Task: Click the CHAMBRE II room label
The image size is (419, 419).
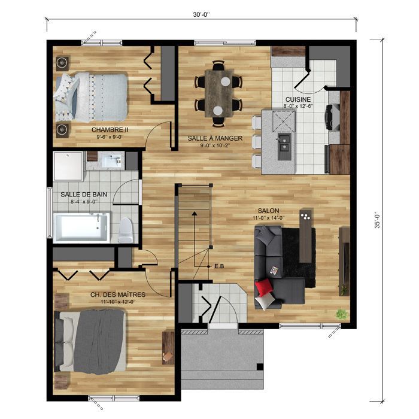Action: pyautogui.click(x=110, y=129)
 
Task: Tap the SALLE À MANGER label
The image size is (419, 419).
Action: pyautogui.click(x=215, y=138)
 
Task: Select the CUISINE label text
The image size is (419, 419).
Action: pyautogui.click(x=297, y=99)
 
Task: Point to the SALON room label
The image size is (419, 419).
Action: pyautogui.click(x=268, y=211)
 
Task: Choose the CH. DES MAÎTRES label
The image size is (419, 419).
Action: pyautogui.click(x=118, y=294)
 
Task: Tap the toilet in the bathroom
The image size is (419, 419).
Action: pyautogui.click(x=126, y=230)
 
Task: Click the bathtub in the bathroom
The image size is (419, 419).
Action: pyautogui.click(x=81, y=228)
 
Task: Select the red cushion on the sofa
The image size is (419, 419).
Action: pyautogui.click(x=264, y=289)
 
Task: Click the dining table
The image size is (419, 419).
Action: pyautogui.click(x=219, y=93)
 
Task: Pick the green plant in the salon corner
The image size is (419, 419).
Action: pyautogui.click(x=341, y=313)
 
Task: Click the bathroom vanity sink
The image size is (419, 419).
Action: pyautogui.click(x=113, y=160)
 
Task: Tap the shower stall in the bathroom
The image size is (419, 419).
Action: pyautogui.click(x=68, y=166)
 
